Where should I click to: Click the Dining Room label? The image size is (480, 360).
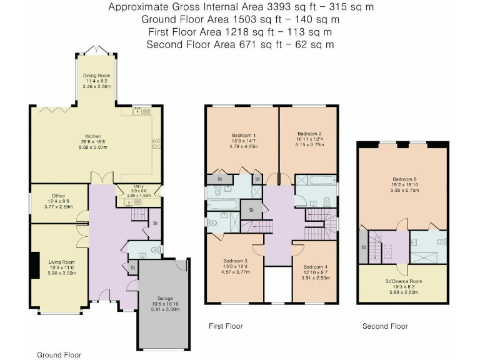(x=97, y=76)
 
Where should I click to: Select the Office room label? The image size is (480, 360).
(x=59, y=189)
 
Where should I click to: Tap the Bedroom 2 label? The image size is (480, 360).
(x=309, y=133)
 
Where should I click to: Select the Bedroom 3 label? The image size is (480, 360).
(x=236, y=261)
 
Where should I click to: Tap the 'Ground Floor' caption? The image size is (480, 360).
(x=59, y=354)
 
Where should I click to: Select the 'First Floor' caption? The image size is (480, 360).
(x=226, y=326)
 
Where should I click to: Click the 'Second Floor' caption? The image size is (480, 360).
(x=385, y=326)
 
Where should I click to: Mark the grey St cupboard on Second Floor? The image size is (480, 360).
(x=363, y=247)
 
